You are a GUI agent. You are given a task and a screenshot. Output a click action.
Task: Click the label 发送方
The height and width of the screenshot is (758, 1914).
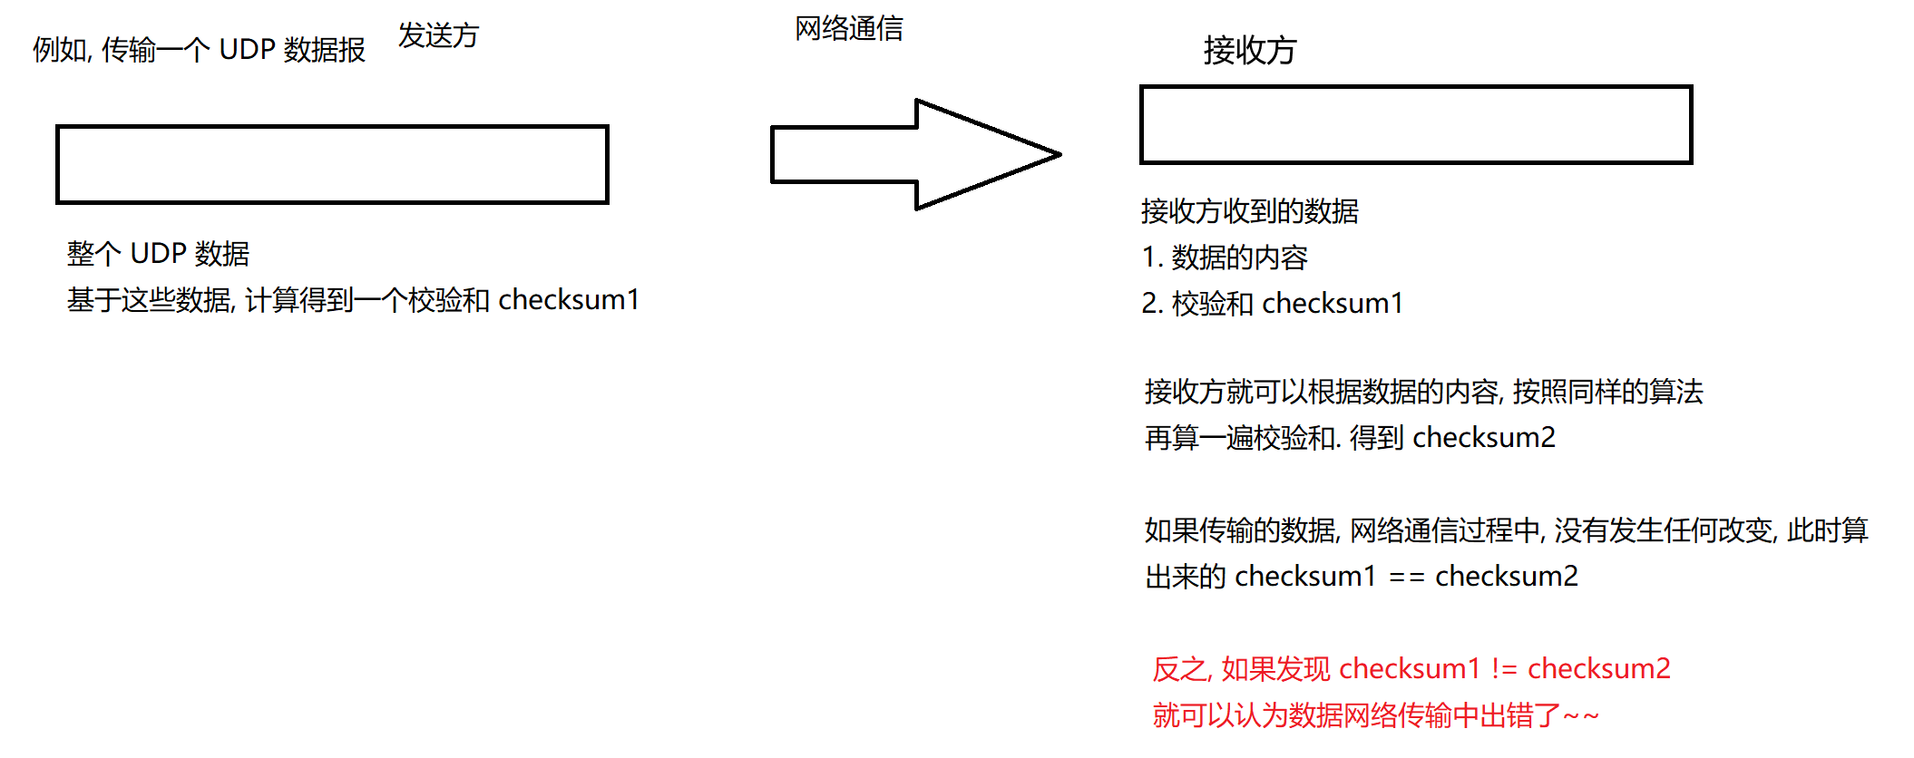[x=438, y=36]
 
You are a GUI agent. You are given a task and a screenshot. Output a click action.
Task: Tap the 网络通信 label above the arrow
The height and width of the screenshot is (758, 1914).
[x=848, y=29]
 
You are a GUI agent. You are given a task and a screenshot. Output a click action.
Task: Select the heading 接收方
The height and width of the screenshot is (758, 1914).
[x=1249, y=51]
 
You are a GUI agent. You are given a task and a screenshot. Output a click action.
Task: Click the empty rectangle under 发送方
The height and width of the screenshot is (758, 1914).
[x=332, y=164]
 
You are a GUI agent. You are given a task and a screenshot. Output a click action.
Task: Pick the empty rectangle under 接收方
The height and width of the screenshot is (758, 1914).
[x=1415, y=125]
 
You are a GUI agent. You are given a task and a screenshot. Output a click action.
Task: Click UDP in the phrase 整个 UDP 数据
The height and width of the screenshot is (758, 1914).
[x=158, y=254]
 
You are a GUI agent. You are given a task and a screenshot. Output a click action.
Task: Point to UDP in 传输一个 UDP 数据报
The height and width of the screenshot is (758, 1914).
[x=247, y=50]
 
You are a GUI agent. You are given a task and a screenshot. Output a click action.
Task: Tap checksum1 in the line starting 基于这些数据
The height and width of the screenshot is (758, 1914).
[x=569, y=300]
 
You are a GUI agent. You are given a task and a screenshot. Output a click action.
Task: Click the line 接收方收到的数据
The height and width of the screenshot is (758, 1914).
[x=1249, y=211]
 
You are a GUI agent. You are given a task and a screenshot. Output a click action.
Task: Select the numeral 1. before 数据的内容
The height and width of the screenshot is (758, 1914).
[x=1152, y=258]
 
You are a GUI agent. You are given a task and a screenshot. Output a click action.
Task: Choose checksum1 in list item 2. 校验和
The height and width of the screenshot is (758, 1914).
[x=1332, y=304]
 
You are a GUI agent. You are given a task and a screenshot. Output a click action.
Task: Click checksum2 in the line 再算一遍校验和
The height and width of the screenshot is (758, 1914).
[x=1483, y=438]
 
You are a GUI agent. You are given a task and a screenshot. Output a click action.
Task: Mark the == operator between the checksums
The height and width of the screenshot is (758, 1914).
[x=1406, y=577]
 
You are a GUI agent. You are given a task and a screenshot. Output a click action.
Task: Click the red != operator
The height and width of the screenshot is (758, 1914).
[x=1504, y=669]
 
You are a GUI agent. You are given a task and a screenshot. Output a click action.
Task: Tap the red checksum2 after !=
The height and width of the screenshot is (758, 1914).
[x=1598, y=669]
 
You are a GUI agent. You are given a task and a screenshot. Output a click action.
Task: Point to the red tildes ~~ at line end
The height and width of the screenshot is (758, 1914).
[x=1581, y=716]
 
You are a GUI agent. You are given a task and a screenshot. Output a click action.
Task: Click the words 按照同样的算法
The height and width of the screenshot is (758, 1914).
[x=1607, y=392]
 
